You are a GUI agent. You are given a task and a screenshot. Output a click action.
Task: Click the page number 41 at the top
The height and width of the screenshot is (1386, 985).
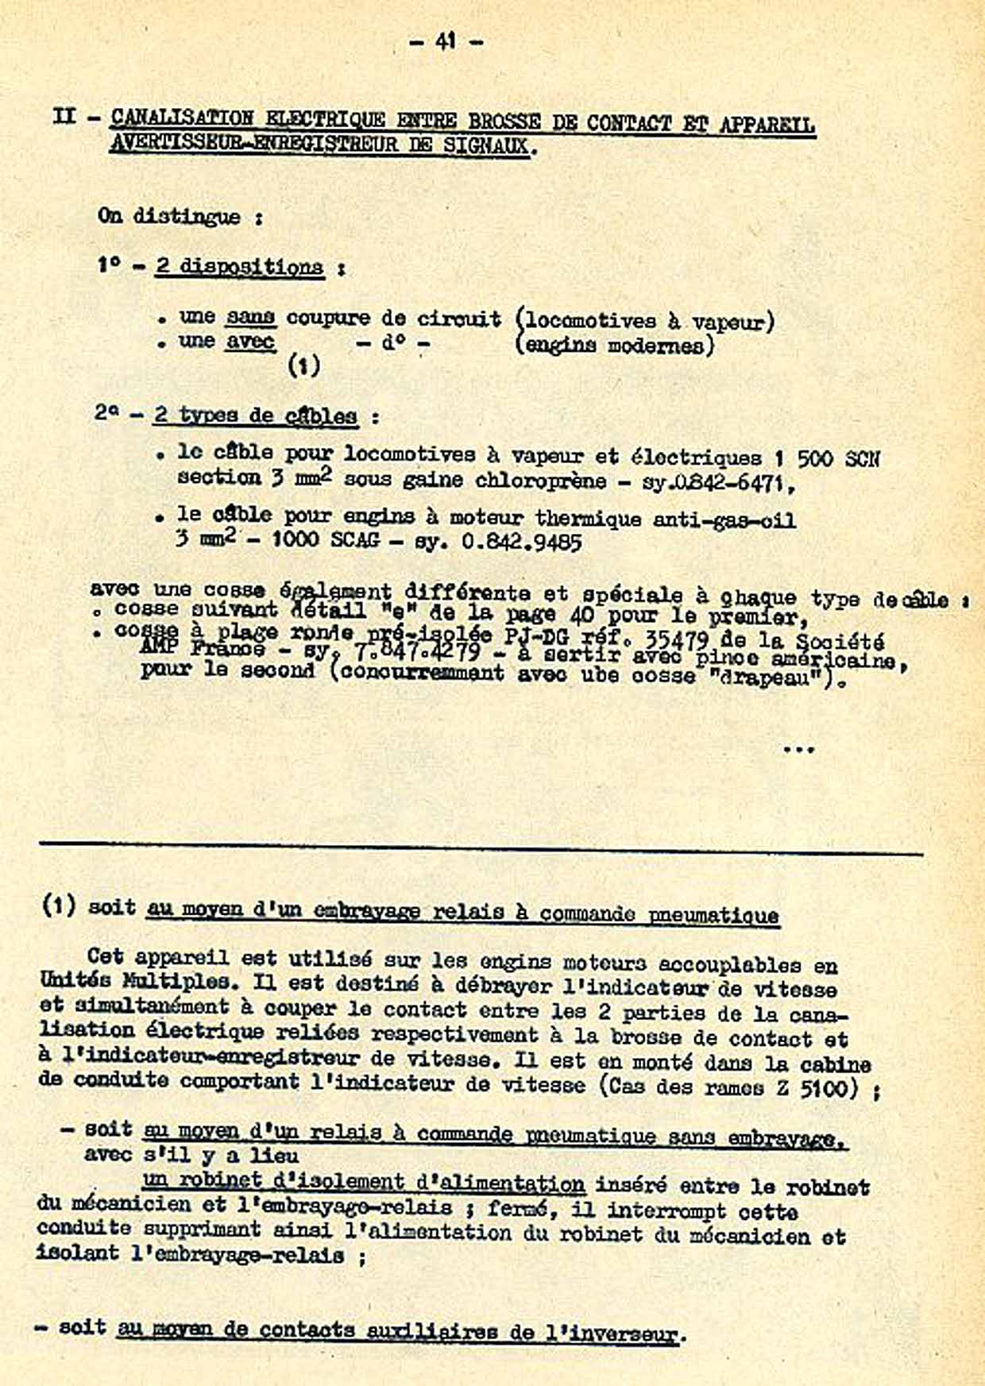[445, 41]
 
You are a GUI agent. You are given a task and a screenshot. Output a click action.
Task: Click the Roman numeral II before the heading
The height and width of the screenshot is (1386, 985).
[64, 117]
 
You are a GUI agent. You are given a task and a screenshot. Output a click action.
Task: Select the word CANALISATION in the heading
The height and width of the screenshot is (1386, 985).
[182, 119]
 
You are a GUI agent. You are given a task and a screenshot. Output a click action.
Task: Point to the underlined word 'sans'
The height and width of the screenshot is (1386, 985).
[250, 318]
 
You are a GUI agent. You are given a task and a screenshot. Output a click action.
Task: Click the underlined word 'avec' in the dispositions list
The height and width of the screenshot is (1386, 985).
[250, 342]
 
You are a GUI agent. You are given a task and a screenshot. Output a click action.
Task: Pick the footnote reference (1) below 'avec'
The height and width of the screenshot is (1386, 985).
[303, 366]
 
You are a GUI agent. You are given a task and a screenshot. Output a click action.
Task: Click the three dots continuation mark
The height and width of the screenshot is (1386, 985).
[798, 748]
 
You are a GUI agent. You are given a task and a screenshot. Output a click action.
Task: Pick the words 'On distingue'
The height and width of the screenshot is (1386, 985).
[168, 216]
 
